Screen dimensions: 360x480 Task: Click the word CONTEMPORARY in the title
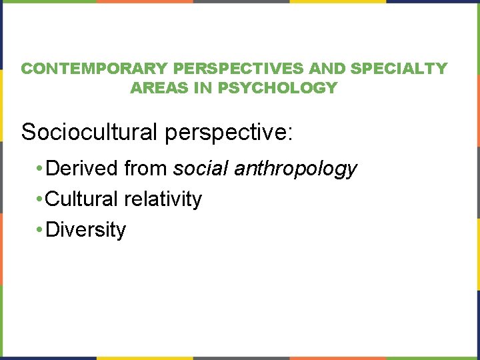(93, 69)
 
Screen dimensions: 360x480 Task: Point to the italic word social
(202, 169)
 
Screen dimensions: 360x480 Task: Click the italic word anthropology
(296, 169)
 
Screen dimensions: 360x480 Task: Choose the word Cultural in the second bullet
(83, 199)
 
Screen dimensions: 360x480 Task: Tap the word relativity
(164, 199)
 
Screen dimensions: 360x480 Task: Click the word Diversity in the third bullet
(86, 230)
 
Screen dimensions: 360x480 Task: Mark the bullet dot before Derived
(41, 169)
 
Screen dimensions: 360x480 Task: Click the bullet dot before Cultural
(41, 200)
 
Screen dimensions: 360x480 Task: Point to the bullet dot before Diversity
(41, 231)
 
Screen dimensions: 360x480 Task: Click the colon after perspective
(289, 133)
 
